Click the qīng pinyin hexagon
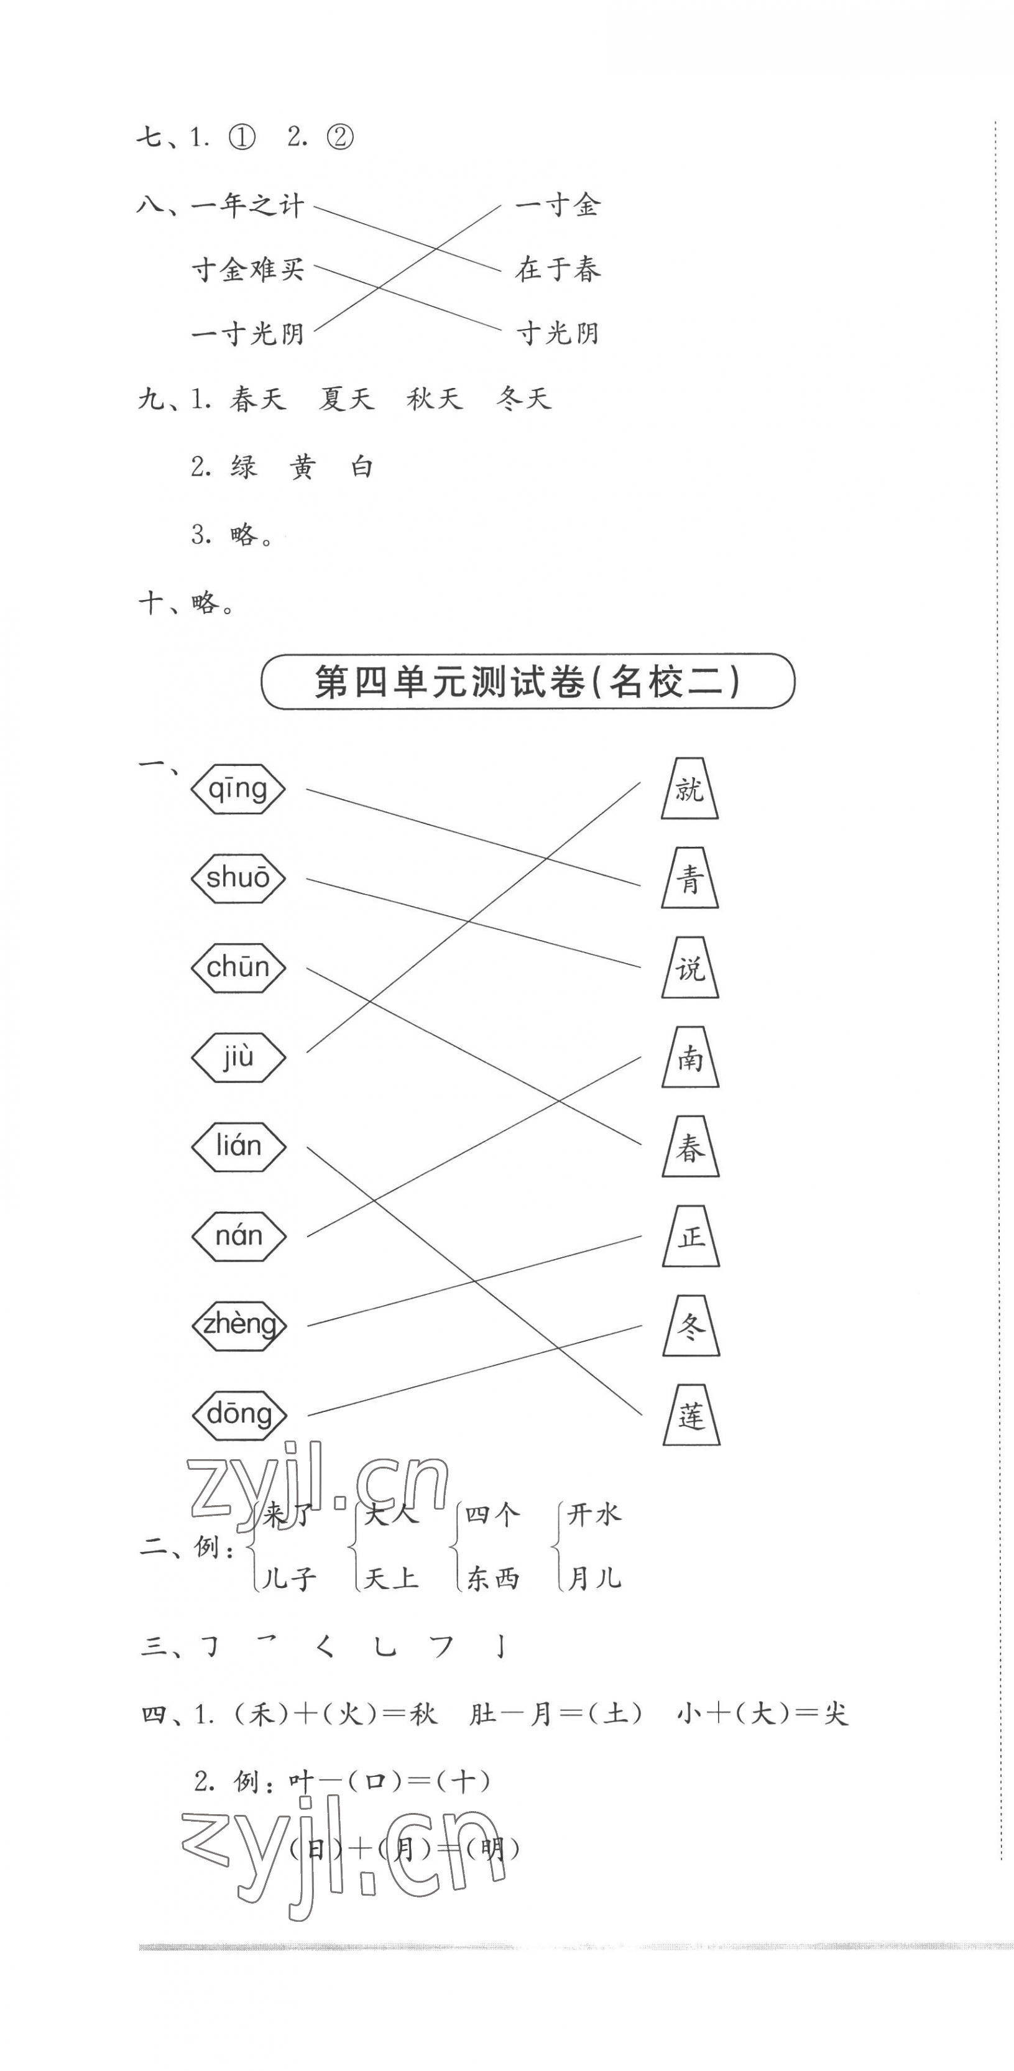pos(238,789)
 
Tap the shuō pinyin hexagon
pos(238,878)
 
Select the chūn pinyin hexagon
pos(238,967)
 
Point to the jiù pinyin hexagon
pos(238,1056)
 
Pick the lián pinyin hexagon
pos(238,1146)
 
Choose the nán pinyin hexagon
pos(238,1235)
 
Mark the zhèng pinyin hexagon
pos(239,1324)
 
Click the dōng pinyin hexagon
pos(239,1413)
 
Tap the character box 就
pos(689,789)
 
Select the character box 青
pos(689,879)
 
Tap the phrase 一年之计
pos(247,206)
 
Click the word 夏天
pos(346,399)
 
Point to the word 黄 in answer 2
pos(302,467)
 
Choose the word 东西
pos(492,1578)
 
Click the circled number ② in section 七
pos(340,138)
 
